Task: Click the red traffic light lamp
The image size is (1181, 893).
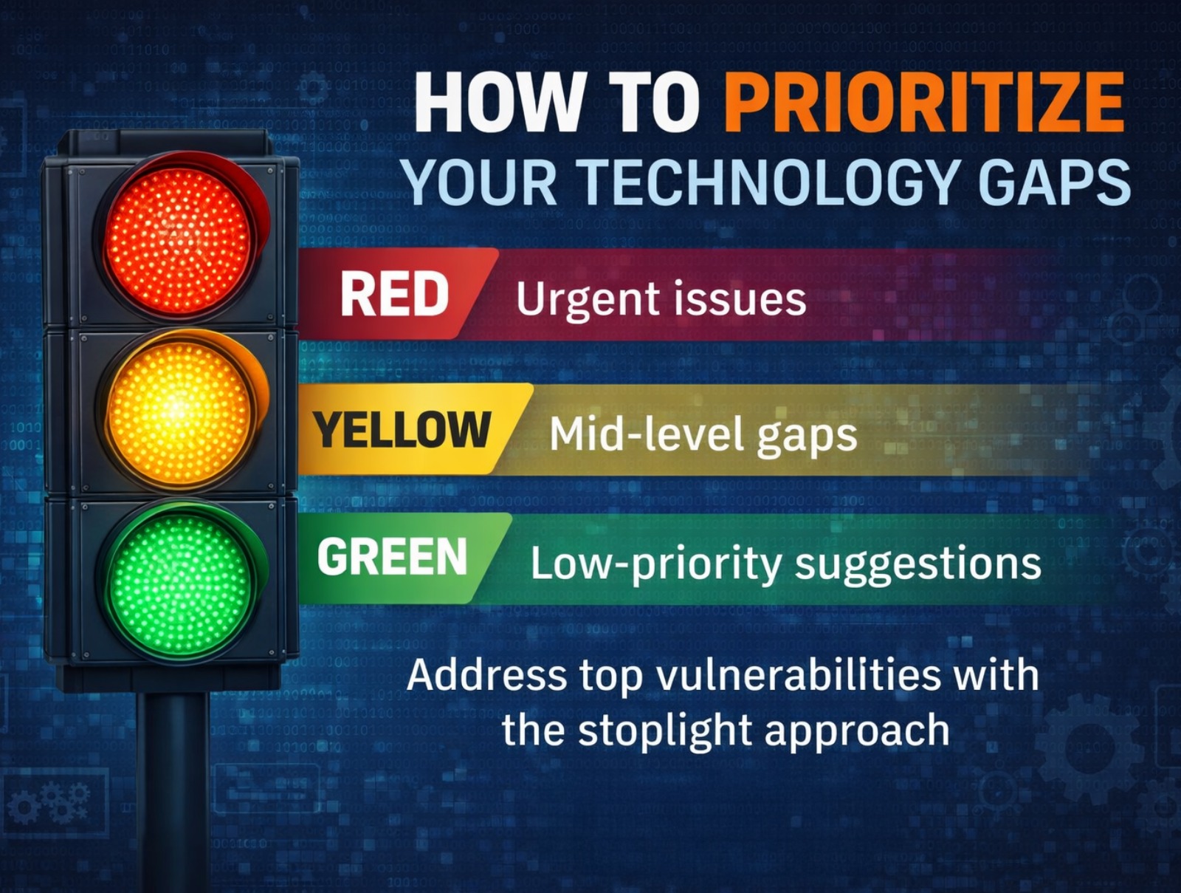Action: tap(179, 241)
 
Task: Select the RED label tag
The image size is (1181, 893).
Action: tap(394, 294)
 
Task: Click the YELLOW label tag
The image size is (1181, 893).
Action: tap(402, 429)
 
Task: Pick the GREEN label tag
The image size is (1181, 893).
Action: tap(392, 557)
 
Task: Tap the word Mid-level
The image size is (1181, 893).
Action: tap(635, 434)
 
